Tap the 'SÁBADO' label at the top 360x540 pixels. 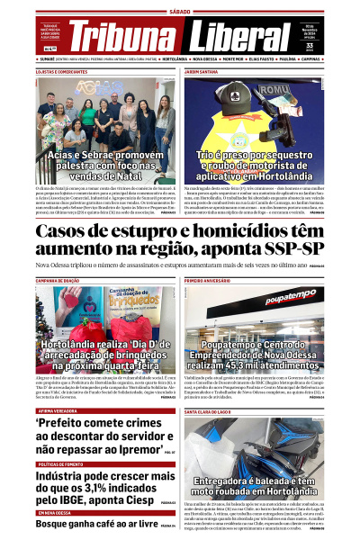(180, 12)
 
